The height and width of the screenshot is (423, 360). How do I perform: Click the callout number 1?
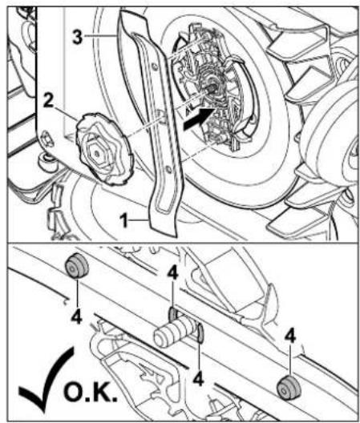click(x=124, y=220)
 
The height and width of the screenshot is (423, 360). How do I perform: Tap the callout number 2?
click(x=48, y=102)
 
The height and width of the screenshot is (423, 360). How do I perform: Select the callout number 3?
click(x=78, y=36)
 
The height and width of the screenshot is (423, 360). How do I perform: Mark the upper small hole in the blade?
click(x=153, y=66)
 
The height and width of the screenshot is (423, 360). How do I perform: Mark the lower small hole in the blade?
click(x=168, y=170)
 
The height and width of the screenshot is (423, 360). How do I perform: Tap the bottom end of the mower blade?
click(x=164, y=234)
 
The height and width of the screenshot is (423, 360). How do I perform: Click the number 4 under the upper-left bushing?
click(x=76, y=317)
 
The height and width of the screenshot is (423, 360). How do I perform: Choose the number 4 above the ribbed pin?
click(x=172, y=273)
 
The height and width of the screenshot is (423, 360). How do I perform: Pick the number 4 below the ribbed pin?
click(x=198, y=379)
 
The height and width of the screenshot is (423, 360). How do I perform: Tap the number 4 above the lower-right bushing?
click(x=290, y=336)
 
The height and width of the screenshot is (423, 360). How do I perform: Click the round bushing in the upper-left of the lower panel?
click(x=77, y=266)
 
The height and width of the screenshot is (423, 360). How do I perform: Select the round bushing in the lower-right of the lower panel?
click(x=289, y=388)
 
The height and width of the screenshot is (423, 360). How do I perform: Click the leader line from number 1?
click(x=139, y=220)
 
